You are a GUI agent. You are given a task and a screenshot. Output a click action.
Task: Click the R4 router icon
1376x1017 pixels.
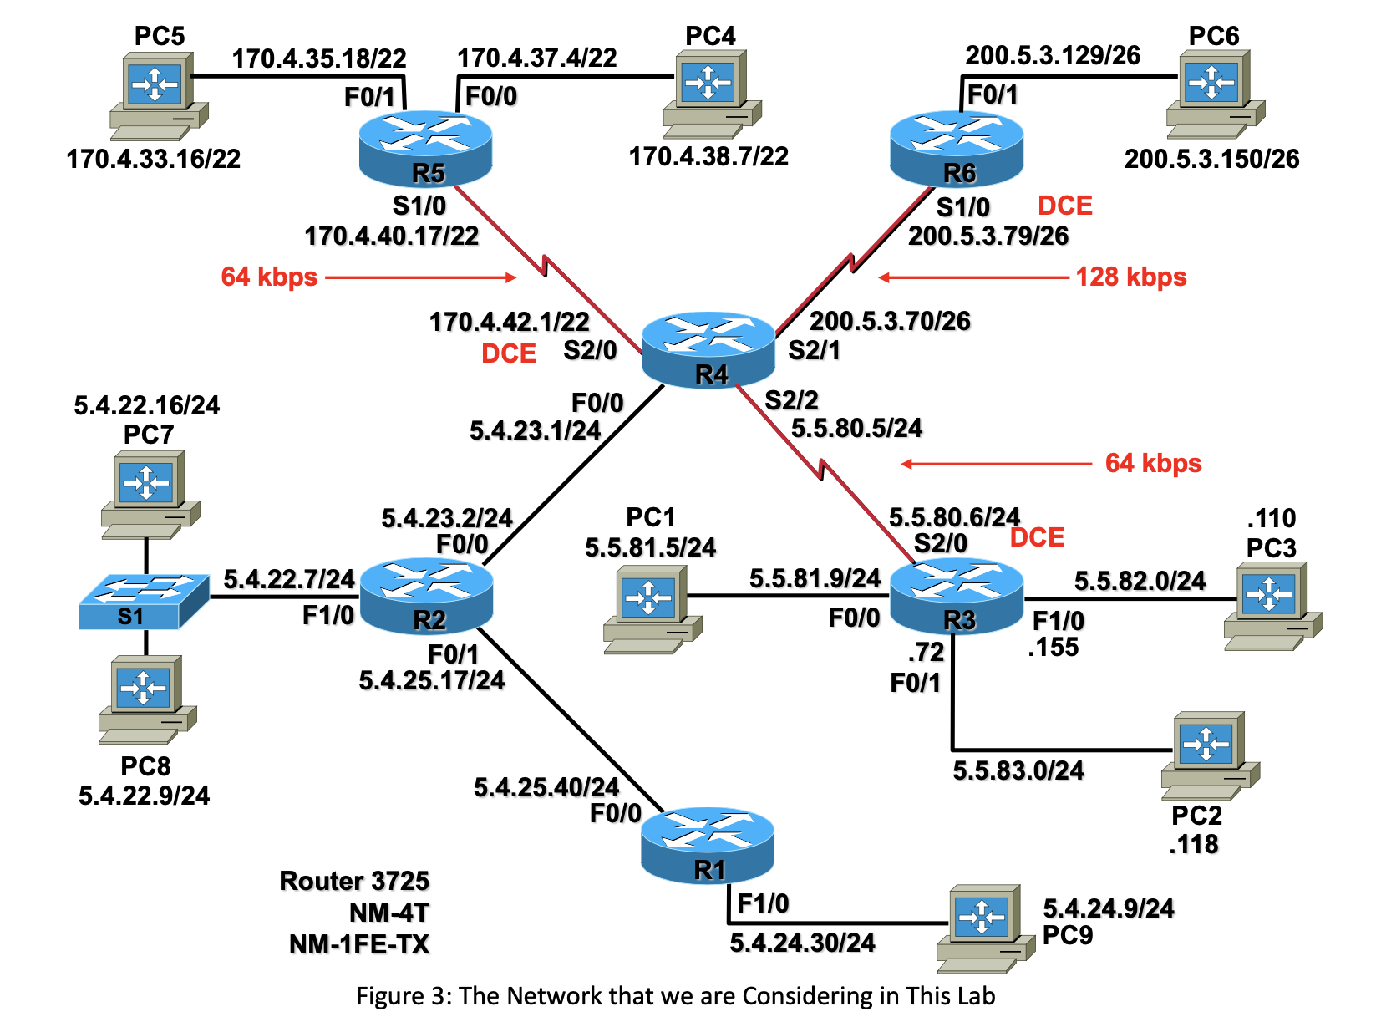pyautogui.click(x=708, y=349)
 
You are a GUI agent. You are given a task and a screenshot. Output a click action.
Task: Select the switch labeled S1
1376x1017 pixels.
pyautogui.click(x=144, y=601)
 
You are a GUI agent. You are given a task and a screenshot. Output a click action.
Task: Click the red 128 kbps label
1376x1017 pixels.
pyautogui.click(x=1130, y=277)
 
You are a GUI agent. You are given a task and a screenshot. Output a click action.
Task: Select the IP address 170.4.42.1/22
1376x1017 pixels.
pyautogui.click(x=509, y=322)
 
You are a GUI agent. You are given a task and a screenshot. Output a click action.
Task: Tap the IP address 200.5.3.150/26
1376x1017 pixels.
pyautogui.click(x=1211, y=159)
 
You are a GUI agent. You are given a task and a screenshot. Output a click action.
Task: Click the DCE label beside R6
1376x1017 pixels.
pyautogui.click(x=1064, y=206)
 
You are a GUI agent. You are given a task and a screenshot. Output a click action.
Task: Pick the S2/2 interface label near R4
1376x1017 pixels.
pyautogui.click(x=791, y=400)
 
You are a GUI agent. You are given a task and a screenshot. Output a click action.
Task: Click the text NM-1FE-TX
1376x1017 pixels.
pyautogui.click(x=358, y=944)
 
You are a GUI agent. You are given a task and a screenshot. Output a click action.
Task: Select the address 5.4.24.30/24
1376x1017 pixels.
pyautogui.click(x=802, y=943)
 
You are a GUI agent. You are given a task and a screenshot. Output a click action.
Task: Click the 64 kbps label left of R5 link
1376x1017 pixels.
pyautogui.click(x=269, y=277)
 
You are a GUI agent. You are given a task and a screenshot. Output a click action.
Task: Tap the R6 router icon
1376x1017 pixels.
pyautogui.click(x=957, y=149)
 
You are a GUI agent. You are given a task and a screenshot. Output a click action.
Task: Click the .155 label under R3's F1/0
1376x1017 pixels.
pyautogui.click(x=1053, y=648)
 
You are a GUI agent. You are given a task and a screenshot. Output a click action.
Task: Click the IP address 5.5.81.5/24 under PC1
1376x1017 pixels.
pyautogui.click(x=650, y=548)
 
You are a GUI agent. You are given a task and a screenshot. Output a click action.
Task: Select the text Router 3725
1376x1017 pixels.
pyautogui.click(x=354, y=881)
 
